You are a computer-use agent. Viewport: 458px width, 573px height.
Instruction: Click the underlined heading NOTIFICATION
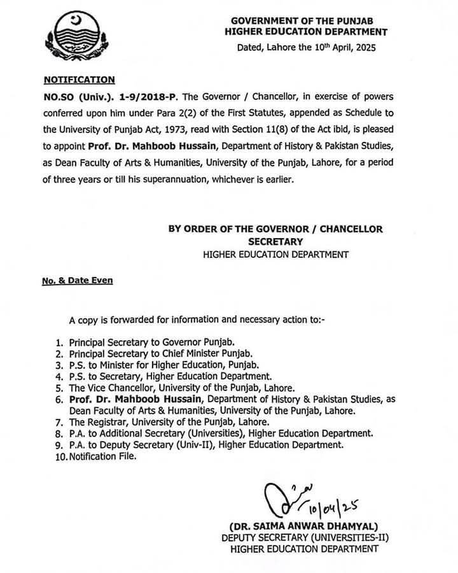[79, 80]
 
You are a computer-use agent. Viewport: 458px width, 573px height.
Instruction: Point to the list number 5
[57, 387]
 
